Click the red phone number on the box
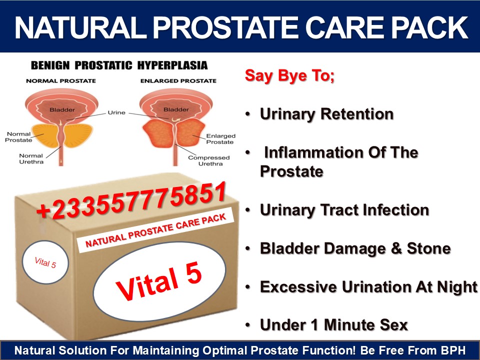(131, 201)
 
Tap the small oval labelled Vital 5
(45, 262)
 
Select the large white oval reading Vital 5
(159, 281)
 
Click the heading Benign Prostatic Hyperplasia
(119, 65)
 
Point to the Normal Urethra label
(31, 158)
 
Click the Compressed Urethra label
(209, 160)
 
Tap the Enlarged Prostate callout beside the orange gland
(220, 139)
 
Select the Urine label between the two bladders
(116, 112)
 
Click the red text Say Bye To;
(289, 75)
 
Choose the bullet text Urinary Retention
(326, 114)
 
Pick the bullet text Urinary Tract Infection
(344, 210)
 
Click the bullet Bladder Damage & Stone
(355, 248)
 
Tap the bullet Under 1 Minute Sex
(333, 325)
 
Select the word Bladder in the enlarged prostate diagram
(176, 109)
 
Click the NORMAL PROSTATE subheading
(61, 81)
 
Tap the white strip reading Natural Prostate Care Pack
(155, 230)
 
